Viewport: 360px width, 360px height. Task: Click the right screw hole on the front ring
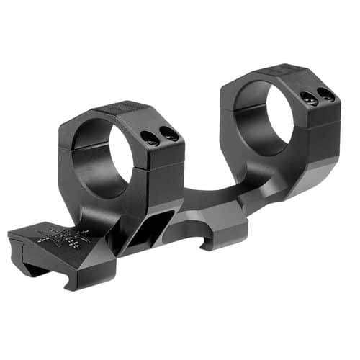coord(170,132)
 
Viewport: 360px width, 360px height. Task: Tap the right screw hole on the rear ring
coord(326,94)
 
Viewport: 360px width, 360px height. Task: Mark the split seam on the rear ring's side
coord(317,122)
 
